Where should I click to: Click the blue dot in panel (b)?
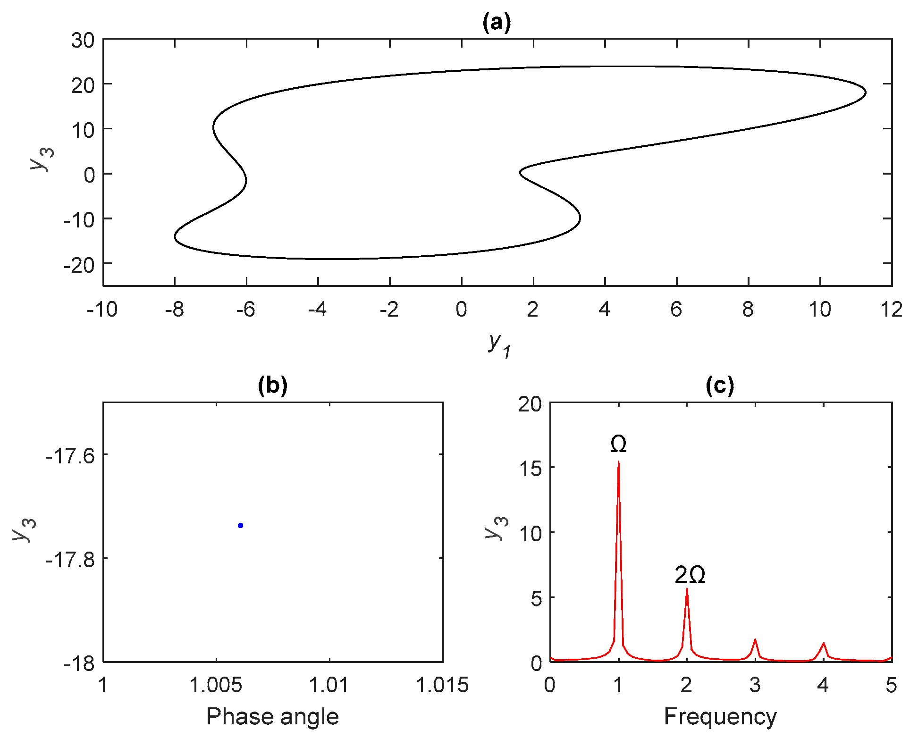240,525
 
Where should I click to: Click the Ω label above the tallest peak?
618,444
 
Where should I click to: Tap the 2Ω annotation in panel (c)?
690,575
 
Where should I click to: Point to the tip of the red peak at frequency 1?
618,462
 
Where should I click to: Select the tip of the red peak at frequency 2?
687,589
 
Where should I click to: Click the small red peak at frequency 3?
755,640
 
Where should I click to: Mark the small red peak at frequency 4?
823,644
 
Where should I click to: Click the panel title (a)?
497,22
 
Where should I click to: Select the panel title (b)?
272,386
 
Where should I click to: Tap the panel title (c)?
720,386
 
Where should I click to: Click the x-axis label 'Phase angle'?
272,716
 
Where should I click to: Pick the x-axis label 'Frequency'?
720,716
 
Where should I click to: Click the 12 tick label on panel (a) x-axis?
891,310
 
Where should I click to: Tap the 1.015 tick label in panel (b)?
442,685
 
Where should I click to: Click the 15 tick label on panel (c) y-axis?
530,469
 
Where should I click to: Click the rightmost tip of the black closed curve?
866,92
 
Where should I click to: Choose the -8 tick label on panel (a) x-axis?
174,310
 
